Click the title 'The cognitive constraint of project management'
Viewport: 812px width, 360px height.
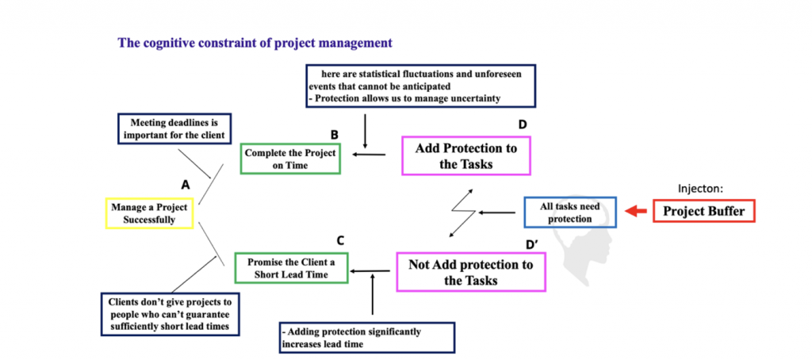tap(255, 43)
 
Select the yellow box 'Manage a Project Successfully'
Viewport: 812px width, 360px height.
tap(149, 213)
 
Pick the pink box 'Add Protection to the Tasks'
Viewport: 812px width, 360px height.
tap(465, 155)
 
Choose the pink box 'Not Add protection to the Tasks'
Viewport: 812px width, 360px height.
tap(471, 272)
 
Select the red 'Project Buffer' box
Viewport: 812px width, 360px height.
tap(703, 212)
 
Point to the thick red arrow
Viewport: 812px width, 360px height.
tap(636, 212)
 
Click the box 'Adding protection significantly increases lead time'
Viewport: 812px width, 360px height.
tap(367, 337)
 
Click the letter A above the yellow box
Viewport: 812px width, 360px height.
tap(186, 184)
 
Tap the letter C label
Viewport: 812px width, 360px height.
tap(340, 240)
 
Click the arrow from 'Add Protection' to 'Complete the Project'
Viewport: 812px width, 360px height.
tap(369, 155)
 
